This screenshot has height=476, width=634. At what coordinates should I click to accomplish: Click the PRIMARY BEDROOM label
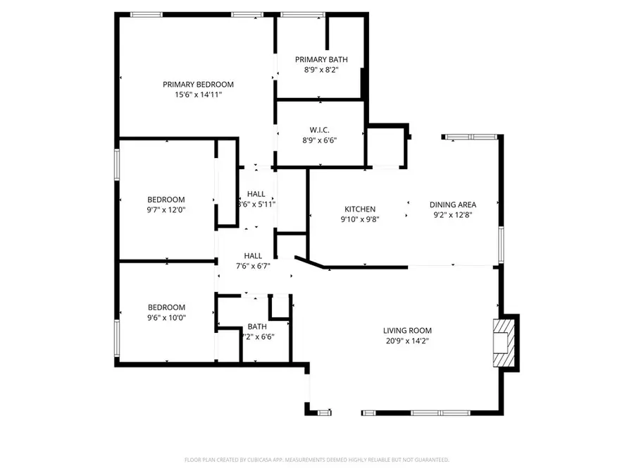(x=198, y=84)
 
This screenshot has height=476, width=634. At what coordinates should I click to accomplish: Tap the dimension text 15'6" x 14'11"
(x=198, y=94)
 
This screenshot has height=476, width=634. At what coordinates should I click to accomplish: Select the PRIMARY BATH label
(x=321, y=60)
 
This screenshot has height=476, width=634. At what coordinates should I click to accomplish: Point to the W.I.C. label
(x=321, y=130)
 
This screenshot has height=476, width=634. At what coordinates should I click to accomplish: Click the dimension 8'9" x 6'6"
(x=321, y=140)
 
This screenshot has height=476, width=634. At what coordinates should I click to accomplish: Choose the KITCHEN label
(x=359, y=209)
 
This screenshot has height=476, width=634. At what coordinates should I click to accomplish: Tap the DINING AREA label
(x=453, y=205)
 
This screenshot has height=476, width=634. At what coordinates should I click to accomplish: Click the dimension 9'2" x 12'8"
(x=453, y=214)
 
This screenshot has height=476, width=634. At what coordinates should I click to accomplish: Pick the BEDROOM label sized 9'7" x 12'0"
(x=166, y=199)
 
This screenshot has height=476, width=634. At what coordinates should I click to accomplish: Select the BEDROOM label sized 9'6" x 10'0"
(x=166, y=307)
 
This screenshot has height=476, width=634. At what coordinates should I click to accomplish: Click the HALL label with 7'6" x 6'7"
(x=253, y=256)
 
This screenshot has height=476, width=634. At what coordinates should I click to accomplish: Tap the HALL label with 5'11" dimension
(x=256, y=194)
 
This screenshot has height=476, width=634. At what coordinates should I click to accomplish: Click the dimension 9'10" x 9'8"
(x=359, y=219)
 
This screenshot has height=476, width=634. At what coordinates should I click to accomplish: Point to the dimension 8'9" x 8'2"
(x=321, y=70)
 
